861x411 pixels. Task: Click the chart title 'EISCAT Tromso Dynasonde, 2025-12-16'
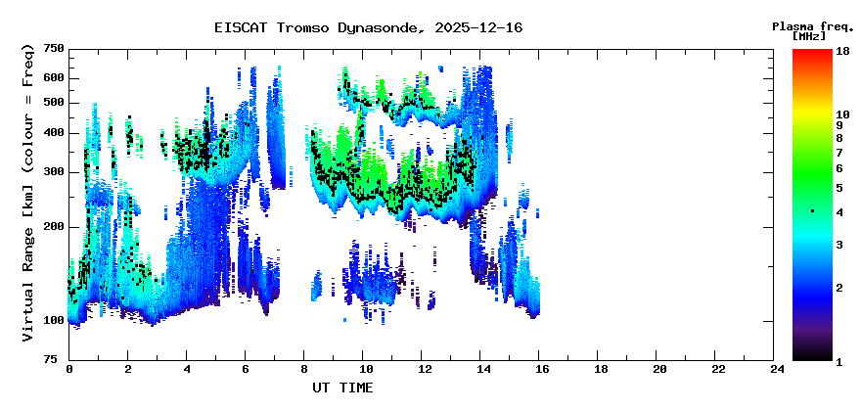(x=369, y=27)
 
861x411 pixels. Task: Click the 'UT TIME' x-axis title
(x=342, y=388)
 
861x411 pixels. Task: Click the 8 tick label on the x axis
(x=303, y=369)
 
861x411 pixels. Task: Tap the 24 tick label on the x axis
(x=774, y=369)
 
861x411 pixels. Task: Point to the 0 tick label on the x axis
(x=69, y=369)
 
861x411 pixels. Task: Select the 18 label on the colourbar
(x=842, y=51)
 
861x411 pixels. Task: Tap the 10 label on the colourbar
(x=842, y=114)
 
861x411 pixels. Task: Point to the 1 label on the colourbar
(x=839, y=362)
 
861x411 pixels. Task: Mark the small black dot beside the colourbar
(x=813, y=211)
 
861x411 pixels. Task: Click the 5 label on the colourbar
(x=839, y=188)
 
